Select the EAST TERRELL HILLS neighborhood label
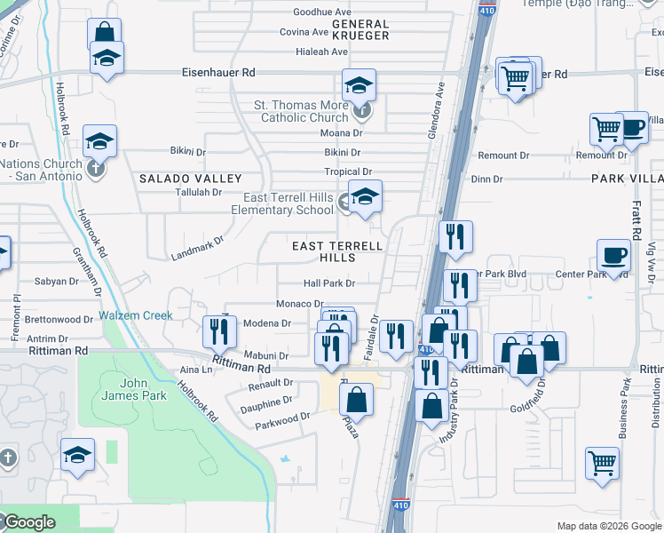click(339, 251)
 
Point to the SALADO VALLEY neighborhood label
click(178, 179)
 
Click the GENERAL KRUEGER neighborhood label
click(360, 29)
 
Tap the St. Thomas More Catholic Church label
click(301, 111)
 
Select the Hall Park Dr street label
click(329, 283)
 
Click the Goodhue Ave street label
click(322, 12)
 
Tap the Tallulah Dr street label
click(198, 192)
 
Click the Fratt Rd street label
click(636, 223)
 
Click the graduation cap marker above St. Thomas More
click(360, 85)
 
